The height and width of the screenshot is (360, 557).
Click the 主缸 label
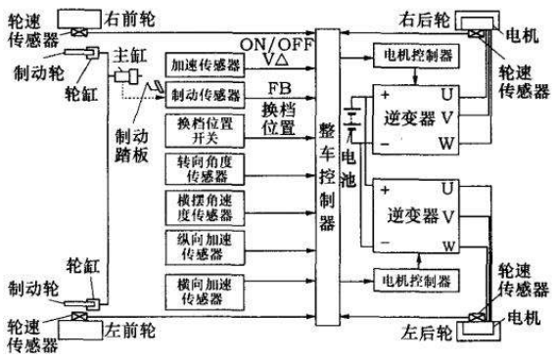[128, 56]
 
